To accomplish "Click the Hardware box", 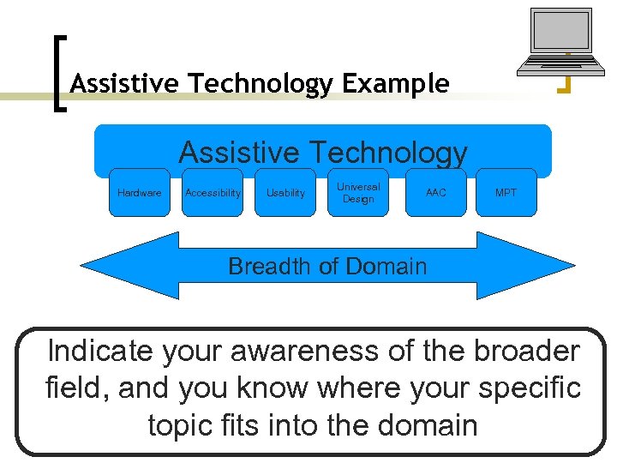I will point(139,192).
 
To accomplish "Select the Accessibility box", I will point(213,192).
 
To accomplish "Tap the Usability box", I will point(285,192).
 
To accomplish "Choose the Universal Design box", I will point(358,192).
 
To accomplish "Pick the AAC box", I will point(435,192).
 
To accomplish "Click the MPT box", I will point(506,192).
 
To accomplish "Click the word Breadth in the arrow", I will point(268,266).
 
